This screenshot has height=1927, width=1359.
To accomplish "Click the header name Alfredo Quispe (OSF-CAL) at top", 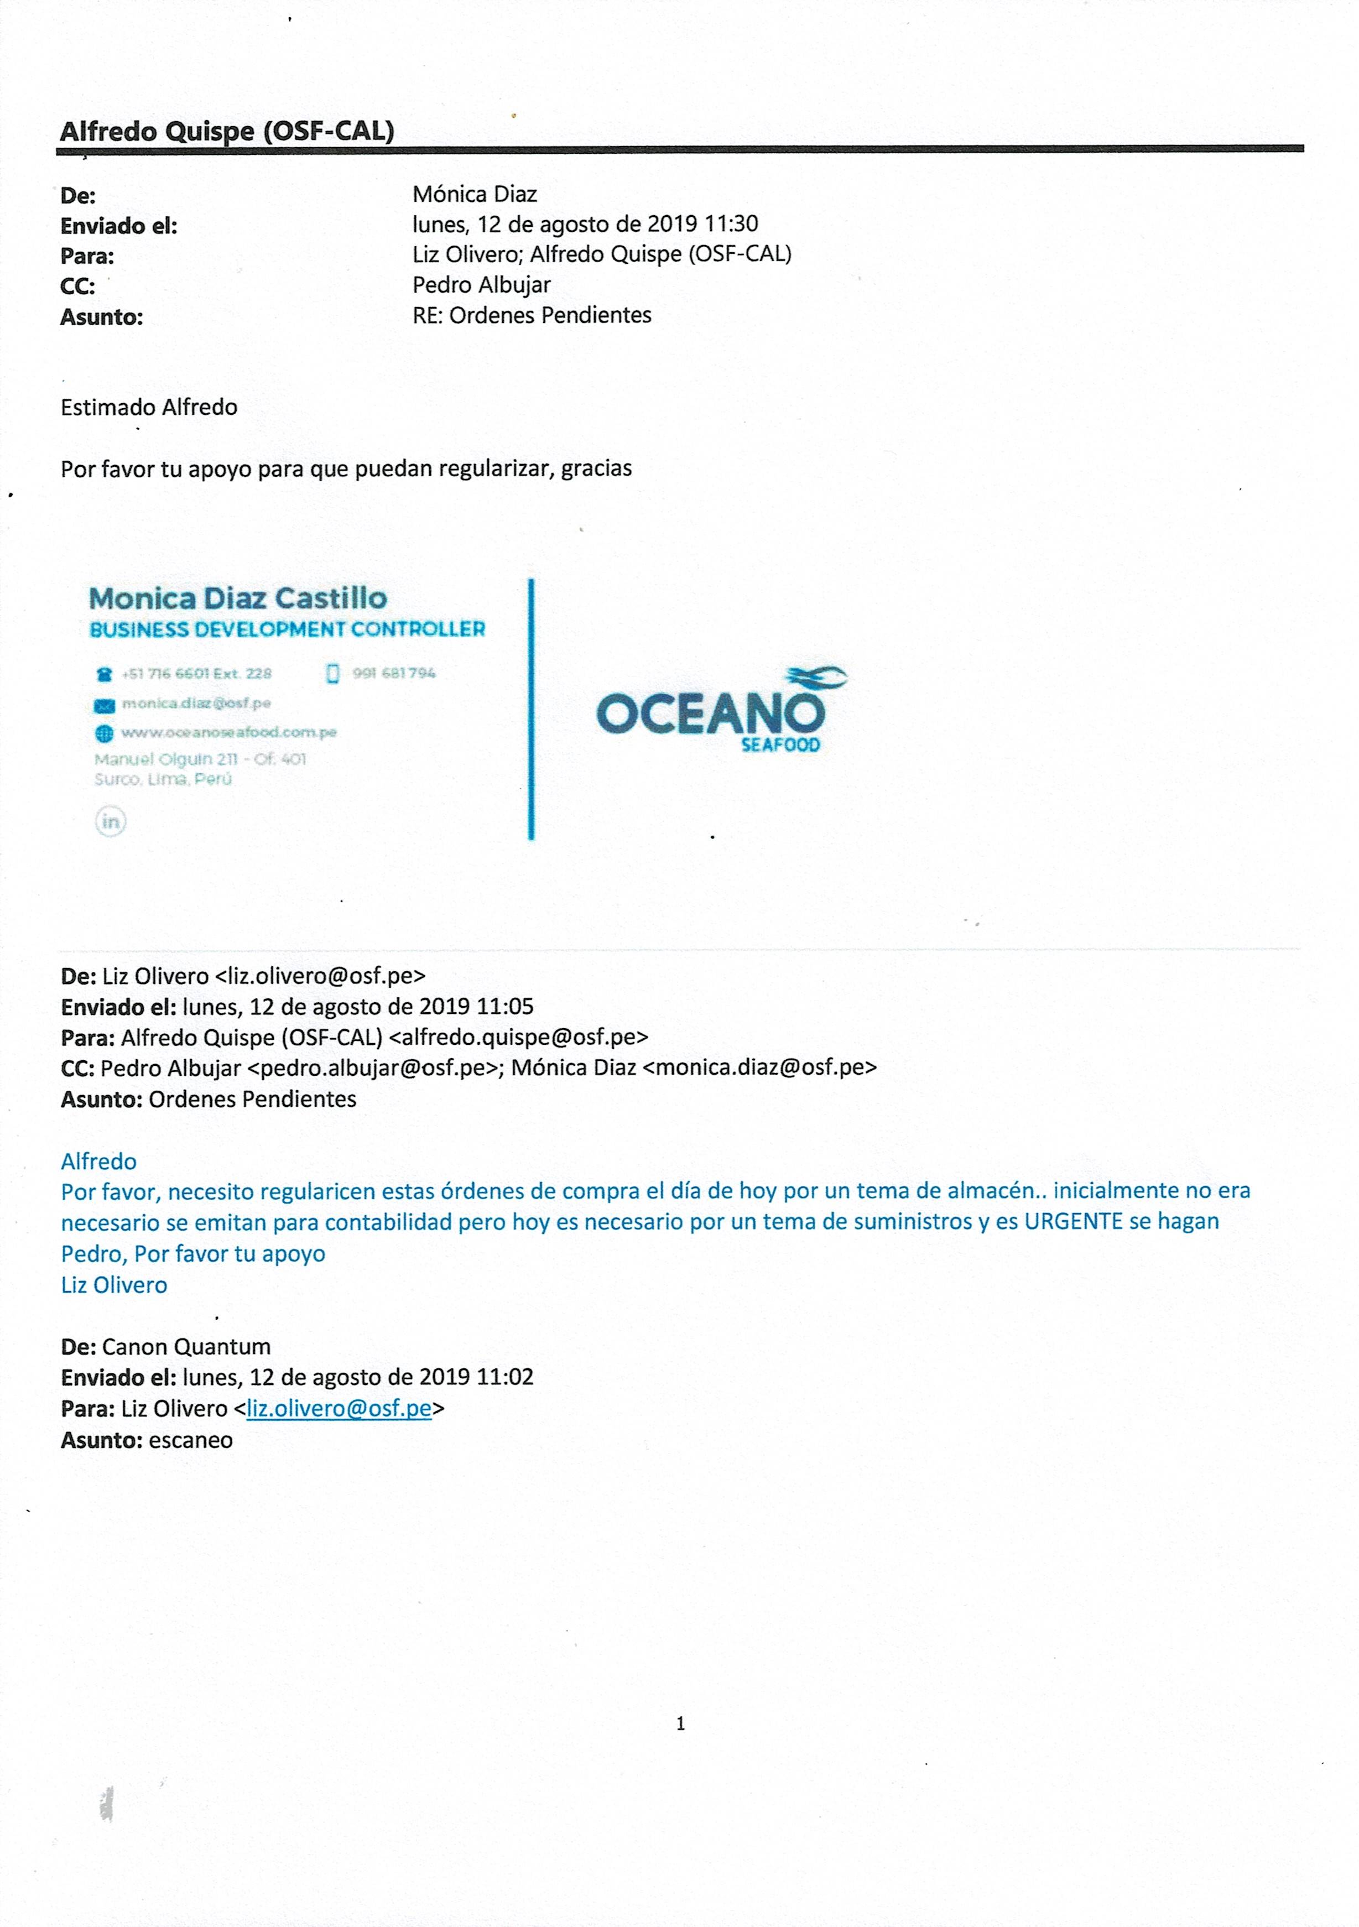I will pyautogui.click(x=227, y=132).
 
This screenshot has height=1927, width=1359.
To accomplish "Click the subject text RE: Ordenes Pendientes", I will pyautogui.click(x=532, y=316).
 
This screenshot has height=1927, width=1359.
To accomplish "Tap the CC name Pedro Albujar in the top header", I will pyautogui.click(x=481, y=285).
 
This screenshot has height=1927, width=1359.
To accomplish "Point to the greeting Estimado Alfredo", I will pyautogui.click(x=149, y=408).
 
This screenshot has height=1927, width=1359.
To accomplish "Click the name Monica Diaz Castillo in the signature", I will pyautogui.click(x=237, y=598).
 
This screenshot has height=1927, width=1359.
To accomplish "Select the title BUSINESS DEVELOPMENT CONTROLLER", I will pyautogui.click(x=287, y=629).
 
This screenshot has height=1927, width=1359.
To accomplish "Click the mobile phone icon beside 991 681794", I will pyautogui.click(x=332, y=673).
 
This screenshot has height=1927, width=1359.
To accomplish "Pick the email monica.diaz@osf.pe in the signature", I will pyautogui.click(x=196, y=704).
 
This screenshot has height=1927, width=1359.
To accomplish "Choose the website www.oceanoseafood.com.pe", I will pyautogui.click(x=228, y=733).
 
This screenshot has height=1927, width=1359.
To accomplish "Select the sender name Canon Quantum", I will pyautogui.click(x=186, y=1347).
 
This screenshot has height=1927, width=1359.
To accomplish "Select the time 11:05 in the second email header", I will pyautogui.click(x=506, y=1006).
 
